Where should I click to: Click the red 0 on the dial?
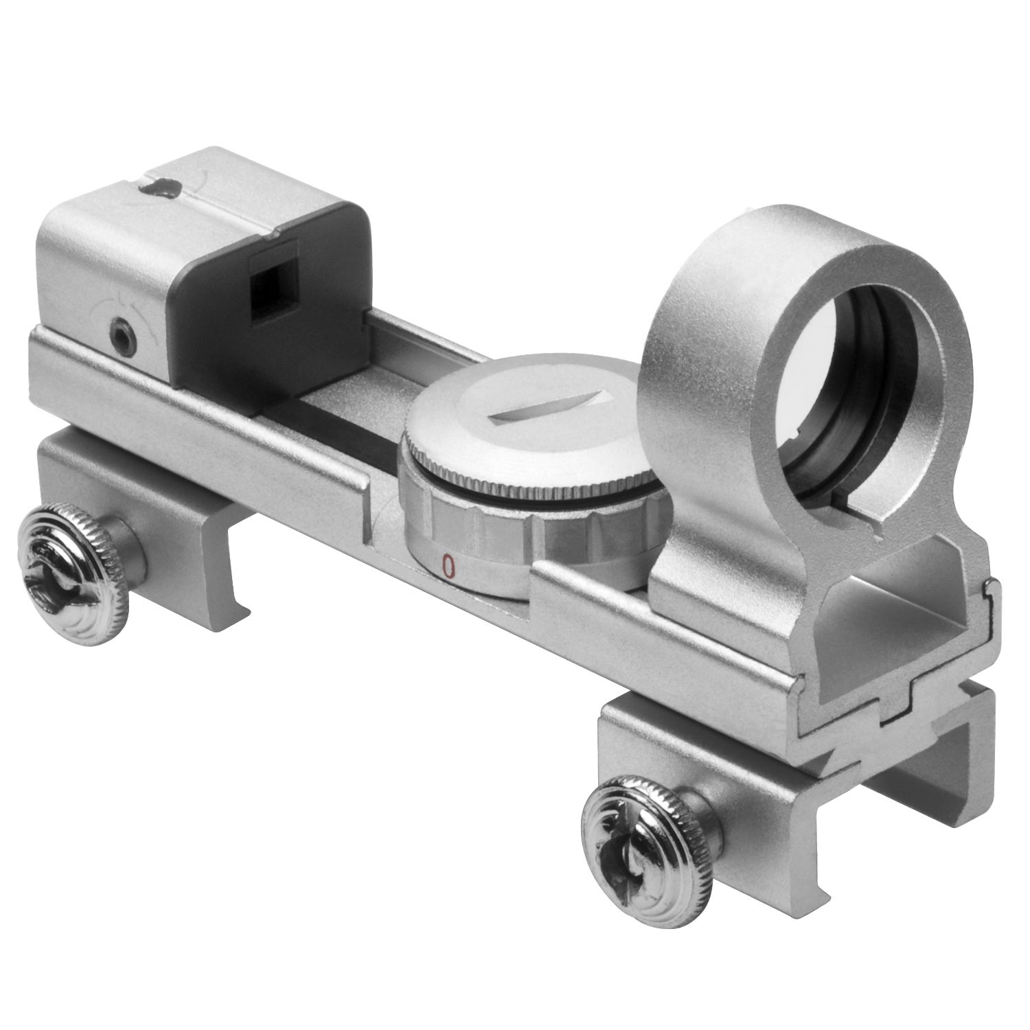(x=448, y=565)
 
